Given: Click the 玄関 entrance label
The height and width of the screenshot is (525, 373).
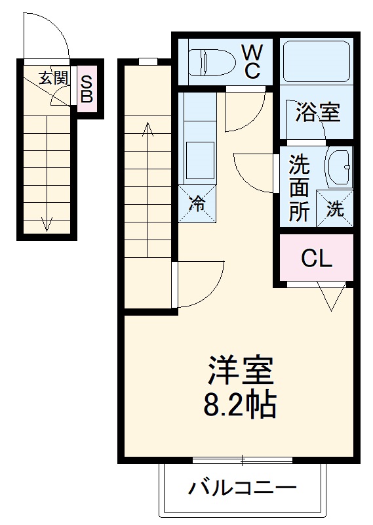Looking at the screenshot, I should pyautogui.click(x=52, y=78).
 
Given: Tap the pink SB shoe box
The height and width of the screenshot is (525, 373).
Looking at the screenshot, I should pyautogui.click(x=88, y=91).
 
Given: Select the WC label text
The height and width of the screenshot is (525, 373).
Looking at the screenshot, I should pyautogui.click(x=252, y=61).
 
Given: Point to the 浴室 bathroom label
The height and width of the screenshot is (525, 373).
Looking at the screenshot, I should pyautogui.click(x=317, y=112).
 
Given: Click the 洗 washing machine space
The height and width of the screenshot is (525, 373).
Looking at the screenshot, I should pyautogui.click(x=335, y=209).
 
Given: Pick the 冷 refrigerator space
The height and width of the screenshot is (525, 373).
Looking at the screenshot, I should pyautogui.click(x=197, y=203).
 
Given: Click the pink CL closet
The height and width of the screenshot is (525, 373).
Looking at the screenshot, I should pyautogui.click(x=317, y=259).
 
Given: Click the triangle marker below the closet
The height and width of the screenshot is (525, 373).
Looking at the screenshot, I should pyautogui.click(x=332, y=297).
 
